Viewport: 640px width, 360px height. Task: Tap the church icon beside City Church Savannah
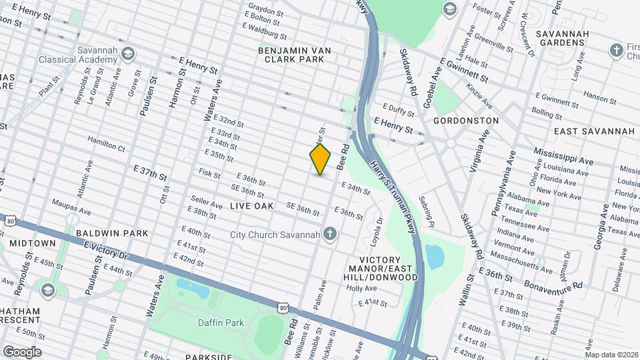point(329,234)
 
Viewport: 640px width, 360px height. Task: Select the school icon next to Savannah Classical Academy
point(128,53)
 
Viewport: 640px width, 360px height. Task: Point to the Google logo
point(22,352)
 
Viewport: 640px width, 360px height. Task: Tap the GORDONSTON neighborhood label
point(465,121)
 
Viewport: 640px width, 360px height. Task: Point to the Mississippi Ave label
point(564,161)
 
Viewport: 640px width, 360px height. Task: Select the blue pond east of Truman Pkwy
point(435,257)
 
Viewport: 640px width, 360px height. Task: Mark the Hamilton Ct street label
point(107,143)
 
